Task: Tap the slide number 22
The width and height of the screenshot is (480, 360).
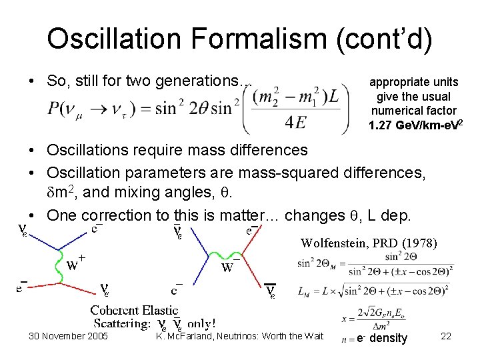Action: tap(446, 336)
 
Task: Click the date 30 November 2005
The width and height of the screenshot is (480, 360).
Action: tap(68, 336)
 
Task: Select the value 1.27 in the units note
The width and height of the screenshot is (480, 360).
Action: tap(381, 125)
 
